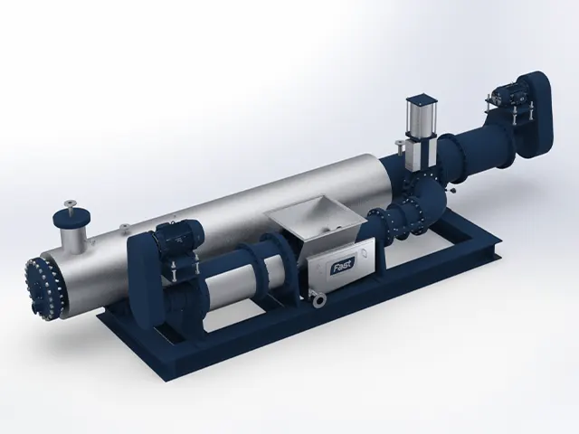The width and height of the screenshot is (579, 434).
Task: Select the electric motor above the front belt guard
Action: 178,238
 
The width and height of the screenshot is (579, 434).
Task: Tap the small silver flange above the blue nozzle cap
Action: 70,203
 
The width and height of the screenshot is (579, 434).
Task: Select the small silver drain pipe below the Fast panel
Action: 316,300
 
